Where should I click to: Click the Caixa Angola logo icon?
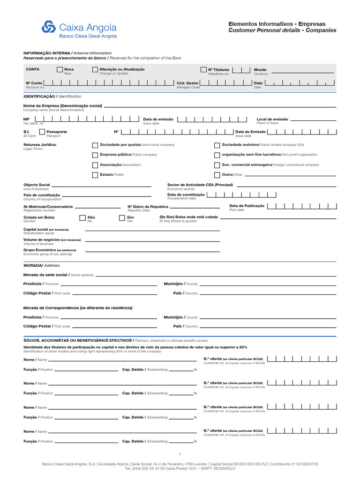pos(49,27)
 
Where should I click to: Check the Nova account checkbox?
pos(60,70)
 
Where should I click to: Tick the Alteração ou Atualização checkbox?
pos(95,70)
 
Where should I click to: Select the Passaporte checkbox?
pos(42,132)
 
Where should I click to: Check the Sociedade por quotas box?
pos(95,145)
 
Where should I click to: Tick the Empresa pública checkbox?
pos(95,155)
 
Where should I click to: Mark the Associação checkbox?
pos(95,165)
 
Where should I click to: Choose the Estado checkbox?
pos(95,175)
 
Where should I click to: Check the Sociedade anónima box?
pos(217,145)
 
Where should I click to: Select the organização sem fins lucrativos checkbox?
pos(217,155)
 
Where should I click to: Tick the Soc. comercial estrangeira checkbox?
pos(217,165)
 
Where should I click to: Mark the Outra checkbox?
pos(217,175)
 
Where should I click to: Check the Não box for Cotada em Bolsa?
pos(82,218)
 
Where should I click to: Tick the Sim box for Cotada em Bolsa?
pos(122,218)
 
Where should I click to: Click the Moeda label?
pos(260,70)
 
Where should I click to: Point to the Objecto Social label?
pos(37,185)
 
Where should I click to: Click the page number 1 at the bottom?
pos(180,454)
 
